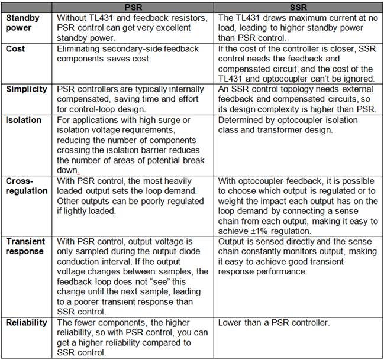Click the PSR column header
pos(134,7)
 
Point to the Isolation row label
pos(24,120)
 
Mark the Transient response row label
pos(27,246)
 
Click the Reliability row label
pos(25,323)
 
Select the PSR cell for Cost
pos(133,54)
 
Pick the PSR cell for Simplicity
pos(133,97)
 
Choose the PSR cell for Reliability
pos(133,337)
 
